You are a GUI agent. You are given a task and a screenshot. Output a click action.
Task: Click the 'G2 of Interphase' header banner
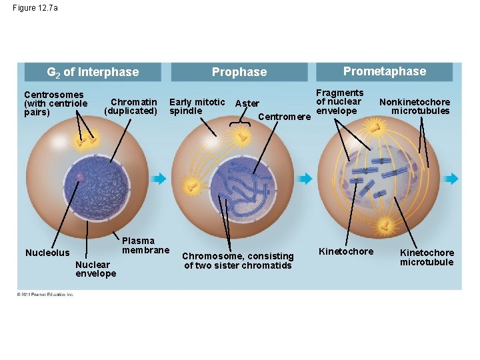(93, 72)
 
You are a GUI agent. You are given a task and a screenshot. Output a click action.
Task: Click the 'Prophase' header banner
(239, 72)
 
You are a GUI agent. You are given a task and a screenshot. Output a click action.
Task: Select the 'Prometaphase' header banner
(384, 71)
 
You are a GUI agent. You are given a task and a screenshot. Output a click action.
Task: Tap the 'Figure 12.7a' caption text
(35, 8)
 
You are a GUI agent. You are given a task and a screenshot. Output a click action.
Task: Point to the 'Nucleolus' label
(47, 253)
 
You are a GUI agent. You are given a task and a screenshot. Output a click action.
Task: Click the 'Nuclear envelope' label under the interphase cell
(95, 269)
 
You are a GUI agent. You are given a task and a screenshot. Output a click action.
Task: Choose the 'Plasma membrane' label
(146, 245)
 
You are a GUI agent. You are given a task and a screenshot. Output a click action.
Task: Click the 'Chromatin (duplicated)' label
(131, 107)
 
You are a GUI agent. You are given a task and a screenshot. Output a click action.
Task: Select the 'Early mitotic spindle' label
(197, 106)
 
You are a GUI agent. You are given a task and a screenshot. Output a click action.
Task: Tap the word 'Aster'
(247, 103)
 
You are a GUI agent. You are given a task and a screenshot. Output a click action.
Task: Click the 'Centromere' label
(284, 117)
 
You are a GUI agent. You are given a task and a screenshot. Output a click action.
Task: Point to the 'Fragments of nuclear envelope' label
(339, 102)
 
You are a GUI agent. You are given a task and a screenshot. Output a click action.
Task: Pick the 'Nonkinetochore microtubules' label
(415, 106)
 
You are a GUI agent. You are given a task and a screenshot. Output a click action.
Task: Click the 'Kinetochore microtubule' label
(427, 257)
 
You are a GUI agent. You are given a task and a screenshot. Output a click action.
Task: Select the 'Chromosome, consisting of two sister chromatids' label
(238, 261)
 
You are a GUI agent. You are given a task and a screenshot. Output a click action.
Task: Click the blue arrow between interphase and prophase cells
(159, 179)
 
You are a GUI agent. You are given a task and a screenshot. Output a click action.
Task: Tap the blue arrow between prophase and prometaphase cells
(305, 179)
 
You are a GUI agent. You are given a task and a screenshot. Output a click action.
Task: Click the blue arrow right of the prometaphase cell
(451, 179)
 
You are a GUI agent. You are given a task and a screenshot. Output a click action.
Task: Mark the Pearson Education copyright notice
(45, 295)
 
